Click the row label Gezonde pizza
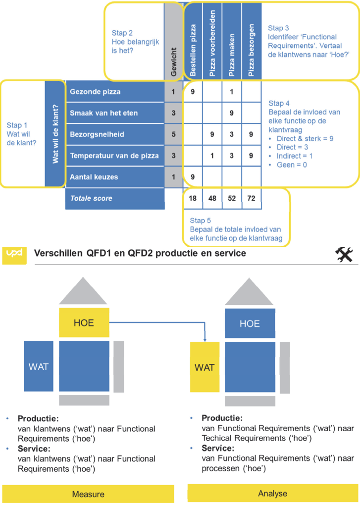click(x=96, y=92)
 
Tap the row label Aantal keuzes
click(x=94, y=177)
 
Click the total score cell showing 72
click(x=251, y=198)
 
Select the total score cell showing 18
click(x=193, y=198)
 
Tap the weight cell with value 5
click(x=173, y=134)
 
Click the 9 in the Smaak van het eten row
click(x=232, y=113)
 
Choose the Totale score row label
click(x=91, y=198)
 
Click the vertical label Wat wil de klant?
click(x=55, y=134)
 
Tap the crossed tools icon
click(x=343, y=254)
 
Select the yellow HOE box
click(x=84, y=323)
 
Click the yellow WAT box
click(x=204, y=368)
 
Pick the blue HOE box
click(x=250, y=324)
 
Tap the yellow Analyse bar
click(x=273, y=494)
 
